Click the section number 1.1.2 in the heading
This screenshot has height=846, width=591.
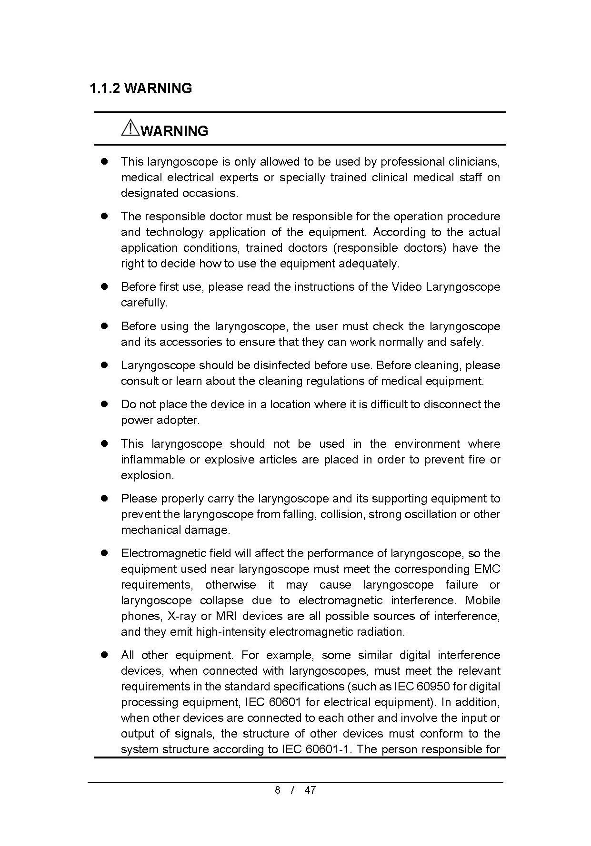105,89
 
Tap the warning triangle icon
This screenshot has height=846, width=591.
130,128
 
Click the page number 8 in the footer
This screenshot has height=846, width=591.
277,790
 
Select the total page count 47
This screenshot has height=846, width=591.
310,790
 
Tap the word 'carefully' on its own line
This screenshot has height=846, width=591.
144,303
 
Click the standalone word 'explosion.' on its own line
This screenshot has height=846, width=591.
148,475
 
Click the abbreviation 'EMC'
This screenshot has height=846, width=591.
487,569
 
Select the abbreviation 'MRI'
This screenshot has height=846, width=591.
226,616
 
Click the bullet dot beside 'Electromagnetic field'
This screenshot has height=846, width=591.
104,553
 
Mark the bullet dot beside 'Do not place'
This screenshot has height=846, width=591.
104,404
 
